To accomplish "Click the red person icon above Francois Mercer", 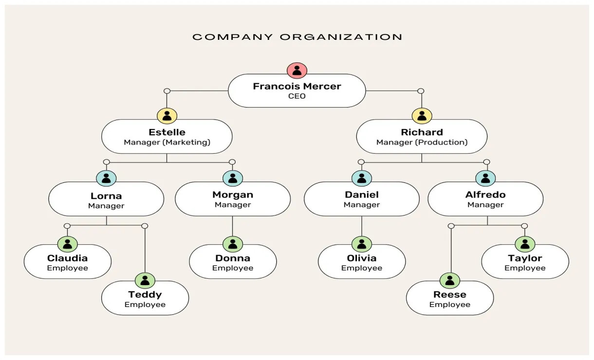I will (x=297, y=70).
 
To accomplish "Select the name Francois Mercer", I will (x=297, y=86).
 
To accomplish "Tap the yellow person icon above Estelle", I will (x=167, y=116).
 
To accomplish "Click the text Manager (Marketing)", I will (x=167, y=143).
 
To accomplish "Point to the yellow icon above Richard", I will (x=422, y=116).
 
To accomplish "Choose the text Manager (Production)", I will (x=422, y=143).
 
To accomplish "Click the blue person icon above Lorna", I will (x=106, y=178).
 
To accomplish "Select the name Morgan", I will (x=233, y=195).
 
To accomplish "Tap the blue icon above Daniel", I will (x=361, y=178).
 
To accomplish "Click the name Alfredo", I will (x=485, y=195).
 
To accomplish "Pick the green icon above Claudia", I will (x=67, y=244).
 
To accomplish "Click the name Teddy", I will (x=145, y=294).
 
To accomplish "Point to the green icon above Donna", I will (x=233, y=244).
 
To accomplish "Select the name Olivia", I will (x=362, y=258).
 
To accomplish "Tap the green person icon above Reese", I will (x=450, y=280).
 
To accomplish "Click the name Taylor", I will (x=525, y=258).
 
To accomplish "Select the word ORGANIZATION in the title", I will (x=341, y=37).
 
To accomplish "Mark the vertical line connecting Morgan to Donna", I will (x=233, y=226).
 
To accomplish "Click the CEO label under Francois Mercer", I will (x=297, y=96).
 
